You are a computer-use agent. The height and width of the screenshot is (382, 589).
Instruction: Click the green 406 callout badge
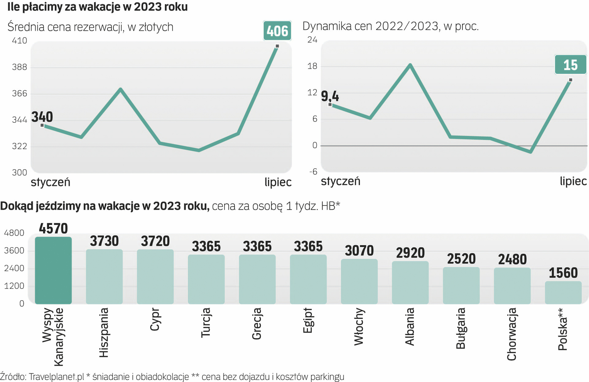[x=277, y=31]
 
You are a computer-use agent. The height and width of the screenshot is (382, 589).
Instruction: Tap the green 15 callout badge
[x=570, y=65]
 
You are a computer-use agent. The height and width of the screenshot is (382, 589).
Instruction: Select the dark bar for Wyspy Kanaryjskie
[x=53, y=270]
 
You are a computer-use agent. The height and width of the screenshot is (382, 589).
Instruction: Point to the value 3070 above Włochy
[x=359, y=251]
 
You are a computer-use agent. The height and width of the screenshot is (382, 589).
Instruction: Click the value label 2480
[x=512, y=260]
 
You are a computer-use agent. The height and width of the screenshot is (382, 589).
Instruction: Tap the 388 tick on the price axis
[x=19, y=67]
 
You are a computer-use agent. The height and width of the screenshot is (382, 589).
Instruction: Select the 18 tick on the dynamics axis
[x=312, y=66]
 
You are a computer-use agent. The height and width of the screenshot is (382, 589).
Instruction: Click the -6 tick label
[x=313, y=172]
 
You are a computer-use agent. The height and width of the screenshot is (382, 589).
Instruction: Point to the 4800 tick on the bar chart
[x=14, y=233]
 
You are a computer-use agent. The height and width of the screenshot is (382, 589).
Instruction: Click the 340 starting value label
[x=42, y=117]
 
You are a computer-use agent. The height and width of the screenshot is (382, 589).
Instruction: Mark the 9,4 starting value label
[x=330, y=96]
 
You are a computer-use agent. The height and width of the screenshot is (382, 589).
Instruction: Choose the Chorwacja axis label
[x=512, y=334]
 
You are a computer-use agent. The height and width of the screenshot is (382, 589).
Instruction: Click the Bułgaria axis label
[x=461, y=328]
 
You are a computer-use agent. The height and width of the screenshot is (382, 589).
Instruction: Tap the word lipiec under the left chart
[x=278, y=182]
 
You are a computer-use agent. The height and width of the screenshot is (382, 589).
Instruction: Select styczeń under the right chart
[x=340, y=181]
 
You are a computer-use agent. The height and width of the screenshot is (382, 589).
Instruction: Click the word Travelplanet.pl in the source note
[x=56, y=377]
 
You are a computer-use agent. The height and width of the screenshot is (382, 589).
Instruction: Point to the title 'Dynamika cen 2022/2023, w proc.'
[x=390, y=26]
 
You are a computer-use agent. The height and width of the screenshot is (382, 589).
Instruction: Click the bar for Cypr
[x=155, y=277]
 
